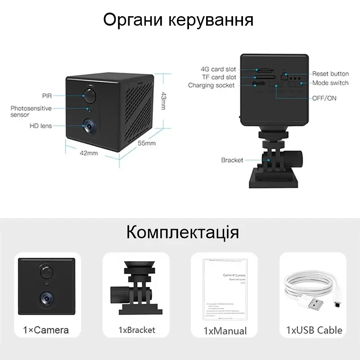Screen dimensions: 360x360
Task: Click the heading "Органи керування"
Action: (179, 20)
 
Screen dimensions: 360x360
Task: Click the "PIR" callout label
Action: (48, 96)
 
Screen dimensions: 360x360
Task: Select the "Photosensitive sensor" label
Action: (31, 111)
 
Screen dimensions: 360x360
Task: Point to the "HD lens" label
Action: (41, 126)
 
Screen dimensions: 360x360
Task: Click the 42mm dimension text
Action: (89, 153)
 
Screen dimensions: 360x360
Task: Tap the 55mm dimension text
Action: (146, 144)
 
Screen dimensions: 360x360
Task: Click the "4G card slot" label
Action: (218, 69)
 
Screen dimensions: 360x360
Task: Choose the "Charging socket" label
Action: (211, 85)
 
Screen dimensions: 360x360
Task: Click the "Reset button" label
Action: (331, 74)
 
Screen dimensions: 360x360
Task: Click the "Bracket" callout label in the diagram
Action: (232, 160)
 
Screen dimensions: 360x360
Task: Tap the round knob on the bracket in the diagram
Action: (297, 158)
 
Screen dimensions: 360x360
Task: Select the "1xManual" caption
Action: (225, 331)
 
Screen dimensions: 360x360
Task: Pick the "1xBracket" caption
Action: (137, 330)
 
